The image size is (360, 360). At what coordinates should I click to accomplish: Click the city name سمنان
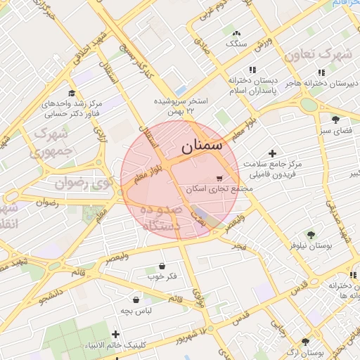coord(201,147)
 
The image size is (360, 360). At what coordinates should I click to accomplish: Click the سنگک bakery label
coord(236,43)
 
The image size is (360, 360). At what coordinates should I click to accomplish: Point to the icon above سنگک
coord(236,32)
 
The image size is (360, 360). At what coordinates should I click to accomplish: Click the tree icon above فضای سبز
coord(335,120)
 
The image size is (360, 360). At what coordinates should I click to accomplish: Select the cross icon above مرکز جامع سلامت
coord(273,153)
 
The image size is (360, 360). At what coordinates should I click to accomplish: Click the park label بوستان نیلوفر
coord(310,246)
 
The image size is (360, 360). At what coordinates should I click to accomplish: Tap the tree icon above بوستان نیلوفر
coord(310,235)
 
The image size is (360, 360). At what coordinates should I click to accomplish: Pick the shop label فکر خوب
coord(162,276)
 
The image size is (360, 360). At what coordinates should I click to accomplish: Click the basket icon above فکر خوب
coord(162,266)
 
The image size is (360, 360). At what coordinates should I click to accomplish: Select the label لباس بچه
coord(136,309)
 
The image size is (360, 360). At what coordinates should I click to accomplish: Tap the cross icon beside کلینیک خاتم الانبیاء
coord(116,335)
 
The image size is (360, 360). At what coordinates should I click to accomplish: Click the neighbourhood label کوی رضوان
coord(84,183)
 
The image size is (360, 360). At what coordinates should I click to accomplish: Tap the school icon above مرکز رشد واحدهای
coord(72,93)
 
